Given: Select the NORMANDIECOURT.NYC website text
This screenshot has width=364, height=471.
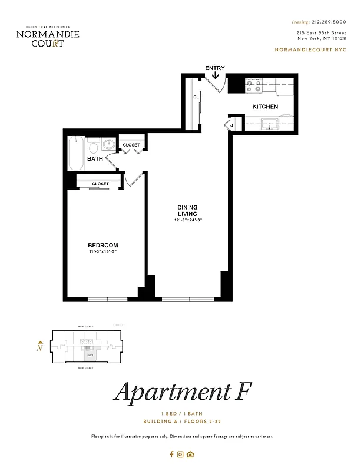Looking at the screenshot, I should pos(310,49).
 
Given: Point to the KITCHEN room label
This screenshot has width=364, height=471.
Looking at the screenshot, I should pos(265,107).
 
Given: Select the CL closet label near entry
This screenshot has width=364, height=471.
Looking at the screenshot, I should pos(196,97).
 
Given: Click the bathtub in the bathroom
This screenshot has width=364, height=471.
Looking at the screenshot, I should pos(76,154).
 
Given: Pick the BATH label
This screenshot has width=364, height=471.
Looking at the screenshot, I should pos(95,159).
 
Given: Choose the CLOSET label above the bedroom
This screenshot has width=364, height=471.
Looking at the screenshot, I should pos(100,184).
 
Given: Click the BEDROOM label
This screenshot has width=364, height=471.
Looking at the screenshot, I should pos(103,246).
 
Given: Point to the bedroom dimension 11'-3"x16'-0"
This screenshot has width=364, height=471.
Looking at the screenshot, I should pos(103,253).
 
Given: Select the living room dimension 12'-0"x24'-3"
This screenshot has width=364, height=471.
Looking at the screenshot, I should pos(188,220).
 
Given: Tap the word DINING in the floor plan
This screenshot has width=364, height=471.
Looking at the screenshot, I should pos(187,207).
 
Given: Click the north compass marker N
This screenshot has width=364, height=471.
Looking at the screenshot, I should pos(39,347).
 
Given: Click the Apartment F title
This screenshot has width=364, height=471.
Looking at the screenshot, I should pos(181,393).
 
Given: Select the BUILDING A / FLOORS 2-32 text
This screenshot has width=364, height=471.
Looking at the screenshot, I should pos(181,422).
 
